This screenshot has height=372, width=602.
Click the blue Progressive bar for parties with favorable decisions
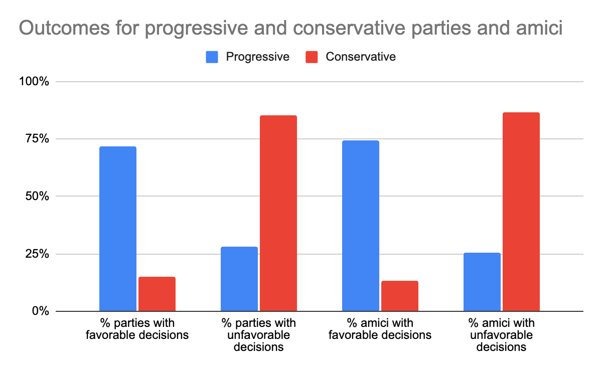coord(118,229)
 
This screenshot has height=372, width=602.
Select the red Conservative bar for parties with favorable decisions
coord(157,294)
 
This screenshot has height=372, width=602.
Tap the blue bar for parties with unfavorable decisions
coord(239,279)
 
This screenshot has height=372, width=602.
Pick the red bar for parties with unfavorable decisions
coord(278,213)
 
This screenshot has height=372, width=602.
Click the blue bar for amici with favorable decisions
coord(361,226)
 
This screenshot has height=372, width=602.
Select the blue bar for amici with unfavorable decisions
coord(482,282)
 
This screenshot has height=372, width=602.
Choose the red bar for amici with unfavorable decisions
coord(521,212)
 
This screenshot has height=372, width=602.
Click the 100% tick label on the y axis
coord(34,82)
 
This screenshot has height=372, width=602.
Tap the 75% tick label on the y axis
coord(37,139)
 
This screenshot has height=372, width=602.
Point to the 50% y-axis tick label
coord(37,197)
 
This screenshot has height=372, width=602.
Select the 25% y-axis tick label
coord(37,254)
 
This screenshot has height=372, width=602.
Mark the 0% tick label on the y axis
coord(40,311)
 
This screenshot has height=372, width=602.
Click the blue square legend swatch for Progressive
coord(212,57)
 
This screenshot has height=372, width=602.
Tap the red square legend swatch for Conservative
coord(312,57)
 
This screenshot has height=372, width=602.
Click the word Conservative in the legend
coord(360,57)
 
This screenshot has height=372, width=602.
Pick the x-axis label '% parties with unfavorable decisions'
coord(259,334)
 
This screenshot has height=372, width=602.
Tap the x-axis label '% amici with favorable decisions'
coord(380,328)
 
